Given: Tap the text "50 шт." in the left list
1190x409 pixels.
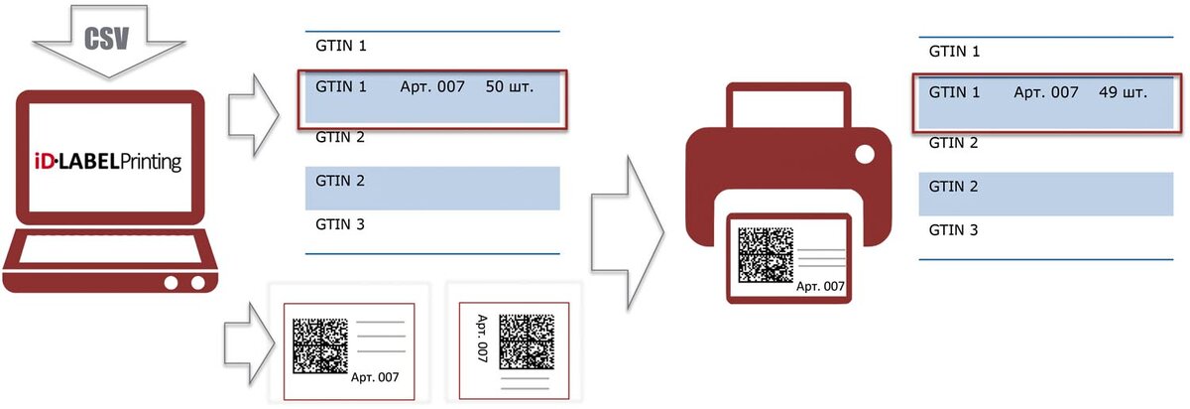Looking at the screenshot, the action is [x=510, y=87].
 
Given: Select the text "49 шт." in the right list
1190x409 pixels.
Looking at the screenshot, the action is [x=1123, y=92].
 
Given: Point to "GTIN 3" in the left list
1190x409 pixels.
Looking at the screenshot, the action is [x=340, y=224].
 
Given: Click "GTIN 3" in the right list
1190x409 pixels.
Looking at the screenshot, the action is [x=953, y=230].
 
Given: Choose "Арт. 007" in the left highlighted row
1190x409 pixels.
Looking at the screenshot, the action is [x=431, y=87].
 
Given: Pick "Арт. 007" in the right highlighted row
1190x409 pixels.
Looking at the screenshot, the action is [x=1045, y=92].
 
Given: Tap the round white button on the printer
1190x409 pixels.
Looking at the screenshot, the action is [x=864, y=156].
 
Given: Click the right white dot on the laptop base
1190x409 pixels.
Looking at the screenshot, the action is [x=198, y=283].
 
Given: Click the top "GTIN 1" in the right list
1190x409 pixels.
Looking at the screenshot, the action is [x=953, y=51].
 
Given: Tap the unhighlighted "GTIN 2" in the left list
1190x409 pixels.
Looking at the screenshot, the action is [x=340, y=136].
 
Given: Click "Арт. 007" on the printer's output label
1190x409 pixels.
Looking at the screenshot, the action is [x=820, y=287].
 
